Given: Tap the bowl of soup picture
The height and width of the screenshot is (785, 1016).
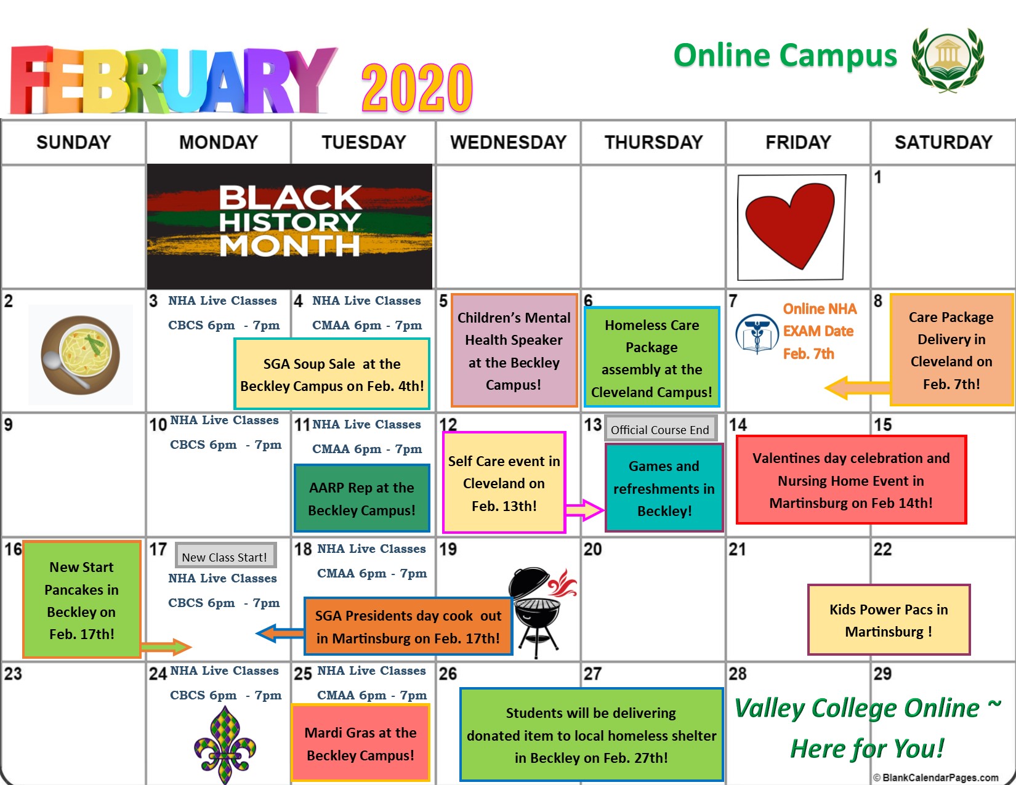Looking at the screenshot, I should (81, 355).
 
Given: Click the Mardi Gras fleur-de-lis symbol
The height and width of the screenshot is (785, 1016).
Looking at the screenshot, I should (225, 745).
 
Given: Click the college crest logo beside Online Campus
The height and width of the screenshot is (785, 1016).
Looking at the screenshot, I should (948, 59).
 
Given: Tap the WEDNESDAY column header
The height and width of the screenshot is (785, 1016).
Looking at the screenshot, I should (508, 142).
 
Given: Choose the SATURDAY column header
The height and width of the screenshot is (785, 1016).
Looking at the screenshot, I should (943, 142).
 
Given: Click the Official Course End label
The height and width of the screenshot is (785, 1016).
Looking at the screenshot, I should (660, 429).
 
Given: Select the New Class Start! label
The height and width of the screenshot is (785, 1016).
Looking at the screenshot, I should (225, 557).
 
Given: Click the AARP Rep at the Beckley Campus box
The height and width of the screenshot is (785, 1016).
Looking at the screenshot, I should (361, 499).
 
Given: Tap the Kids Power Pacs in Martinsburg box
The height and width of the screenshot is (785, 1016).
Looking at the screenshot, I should (889, 620).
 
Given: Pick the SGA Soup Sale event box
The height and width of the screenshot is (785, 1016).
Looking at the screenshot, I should (332, 374).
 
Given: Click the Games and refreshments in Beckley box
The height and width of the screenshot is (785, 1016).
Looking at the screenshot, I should (664, 488).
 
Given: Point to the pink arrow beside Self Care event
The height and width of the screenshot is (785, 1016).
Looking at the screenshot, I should (584, 510).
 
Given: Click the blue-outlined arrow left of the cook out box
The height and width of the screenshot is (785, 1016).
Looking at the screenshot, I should (280, 634).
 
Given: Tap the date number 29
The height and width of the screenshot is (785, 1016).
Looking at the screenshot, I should (882, 674).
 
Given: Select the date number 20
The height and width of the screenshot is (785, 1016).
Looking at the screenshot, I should (592, 549).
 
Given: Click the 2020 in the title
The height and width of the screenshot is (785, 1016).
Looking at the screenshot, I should (417, 87).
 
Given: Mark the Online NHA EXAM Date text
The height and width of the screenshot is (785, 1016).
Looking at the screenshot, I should (818, 331).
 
